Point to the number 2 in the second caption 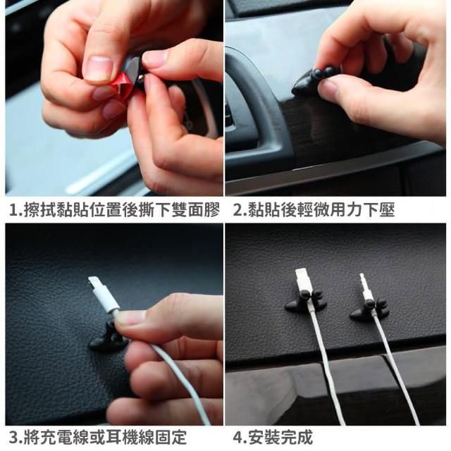[x=238, y=210]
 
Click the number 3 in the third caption [x=14, y=438]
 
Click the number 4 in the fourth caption [x=238, y=438]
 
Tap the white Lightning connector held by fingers [x=103, y=295]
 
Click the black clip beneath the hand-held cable [x=109, y=339]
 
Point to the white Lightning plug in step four [x=302, y=280]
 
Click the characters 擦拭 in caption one [x=40, y=210]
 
